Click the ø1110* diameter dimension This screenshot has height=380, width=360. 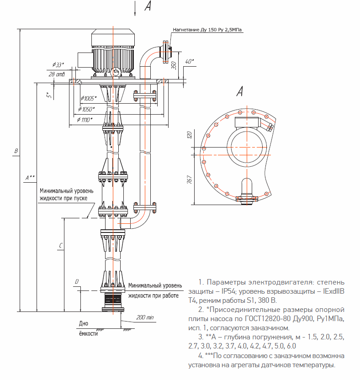coord(84,120)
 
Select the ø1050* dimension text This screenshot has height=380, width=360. coord(86,109)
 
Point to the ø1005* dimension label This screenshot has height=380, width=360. coord(89,98)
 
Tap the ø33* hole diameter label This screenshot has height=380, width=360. coord(58,65)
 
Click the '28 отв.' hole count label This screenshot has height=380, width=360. coord(57,74)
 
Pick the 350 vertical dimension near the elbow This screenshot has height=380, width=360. coord(174,65)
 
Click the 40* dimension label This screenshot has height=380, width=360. coord(190,61)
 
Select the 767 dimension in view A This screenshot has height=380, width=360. coord(190,179)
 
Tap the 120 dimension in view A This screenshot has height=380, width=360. coord(189,135)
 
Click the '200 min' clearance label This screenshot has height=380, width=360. coord(145,317)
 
